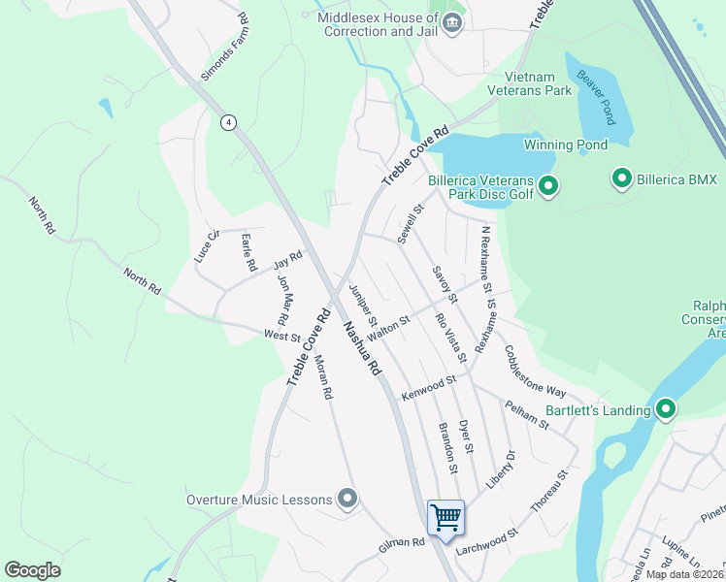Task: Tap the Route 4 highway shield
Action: (x=227, y=122)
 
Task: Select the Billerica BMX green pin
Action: (x=621, y=178)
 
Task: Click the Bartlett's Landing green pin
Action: (x=666, y=409)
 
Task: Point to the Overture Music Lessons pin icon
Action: (x=348, y=500)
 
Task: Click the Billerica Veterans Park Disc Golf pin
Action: (x=547, y=185)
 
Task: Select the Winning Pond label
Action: (x=566, y=145)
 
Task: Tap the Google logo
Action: (x=32, y=570)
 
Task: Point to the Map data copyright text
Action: (x=684, y=574)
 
